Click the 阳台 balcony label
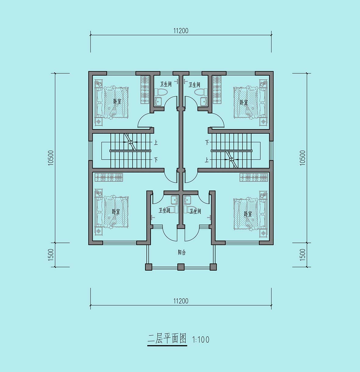tap(182, 253)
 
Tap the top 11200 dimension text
tap(181, 31)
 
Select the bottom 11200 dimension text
tap(181, 301)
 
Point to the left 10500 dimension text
tap(51, 158)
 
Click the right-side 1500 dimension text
tap(302, 255)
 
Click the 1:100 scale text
tap(201, 340)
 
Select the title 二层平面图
tap(167, 339)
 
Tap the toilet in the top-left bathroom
tap(161, 92)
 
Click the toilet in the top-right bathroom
tap(201, 92)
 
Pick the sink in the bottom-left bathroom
tap(174, 200)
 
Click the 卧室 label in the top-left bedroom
tap(117, 101)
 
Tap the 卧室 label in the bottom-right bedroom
tap(248, 214)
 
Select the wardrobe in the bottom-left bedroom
tap(109, 177)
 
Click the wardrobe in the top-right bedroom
tap(217, 90)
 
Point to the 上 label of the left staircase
tap(156, 143)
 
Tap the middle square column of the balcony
tap(181, 267)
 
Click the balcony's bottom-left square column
tap(149, 267)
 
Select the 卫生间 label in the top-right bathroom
tap(194, 85)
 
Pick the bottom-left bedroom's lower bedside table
tap(99, 231)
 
